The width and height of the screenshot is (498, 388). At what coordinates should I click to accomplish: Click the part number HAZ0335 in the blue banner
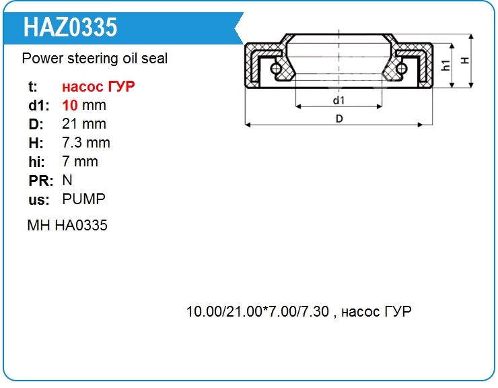point(70,28)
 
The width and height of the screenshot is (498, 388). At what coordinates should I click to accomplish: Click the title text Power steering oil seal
point(95,59)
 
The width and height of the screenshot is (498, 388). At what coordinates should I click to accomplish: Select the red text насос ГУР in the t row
point(98,86)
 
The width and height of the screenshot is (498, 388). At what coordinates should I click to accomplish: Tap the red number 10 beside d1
point(70,105)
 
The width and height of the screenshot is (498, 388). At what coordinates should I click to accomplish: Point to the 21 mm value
point(84,124)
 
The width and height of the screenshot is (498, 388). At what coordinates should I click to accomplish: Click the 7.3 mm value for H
point(86,143)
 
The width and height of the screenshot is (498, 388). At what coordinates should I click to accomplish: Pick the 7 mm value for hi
point(80,162)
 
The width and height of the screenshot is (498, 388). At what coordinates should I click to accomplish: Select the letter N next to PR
point(67,181)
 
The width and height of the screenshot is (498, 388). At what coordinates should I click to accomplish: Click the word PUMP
point(84,199)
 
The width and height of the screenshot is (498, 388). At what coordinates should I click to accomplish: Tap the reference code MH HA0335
point(67,225)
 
